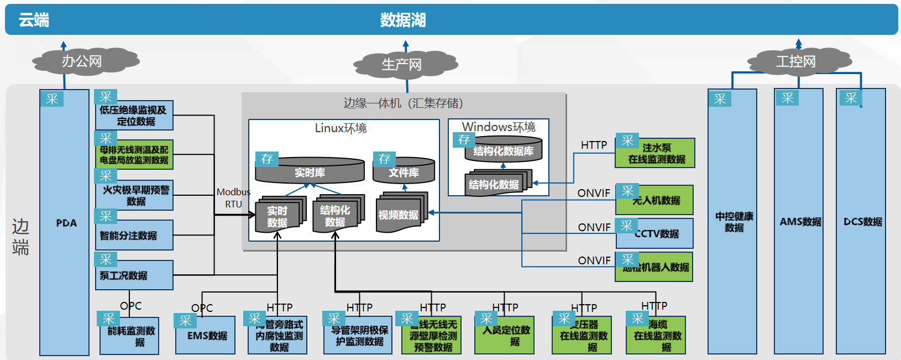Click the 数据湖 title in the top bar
[402, 20]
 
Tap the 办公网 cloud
[82, 61]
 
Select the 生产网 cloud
[402, 64]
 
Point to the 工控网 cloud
[796, 61]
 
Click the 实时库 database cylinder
[310, 172]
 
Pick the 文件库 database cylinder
[404, 172]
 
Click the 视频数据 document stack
[399, 215]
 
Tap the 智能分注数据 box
[134, 235]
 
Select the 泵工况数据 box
[134, 275]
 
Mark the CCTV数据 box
[656, 234]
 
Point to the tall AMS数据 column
[799, 221]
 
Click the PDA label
[66, 223]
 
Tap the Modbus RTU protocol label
[233, 198]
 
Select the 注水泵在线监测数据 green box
[656, 154]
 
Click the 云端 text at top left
[34, 20]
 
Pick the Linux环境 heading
[341, 128]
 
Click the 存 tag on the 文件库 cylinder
[384, 159]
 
